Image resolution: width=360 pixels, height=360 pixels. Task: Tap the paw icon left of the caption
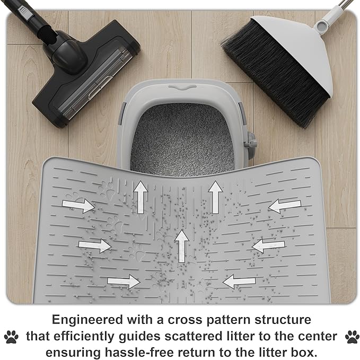pos(11,336)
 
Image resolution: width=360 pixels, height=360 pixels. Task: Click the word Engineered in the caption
pos(91,320)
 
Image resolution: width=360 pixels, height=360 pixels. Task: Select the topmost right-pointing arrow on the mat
pos(78,205)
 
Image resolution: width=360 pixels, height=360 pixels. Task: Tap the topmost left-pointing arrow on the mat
pos(285,206)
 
